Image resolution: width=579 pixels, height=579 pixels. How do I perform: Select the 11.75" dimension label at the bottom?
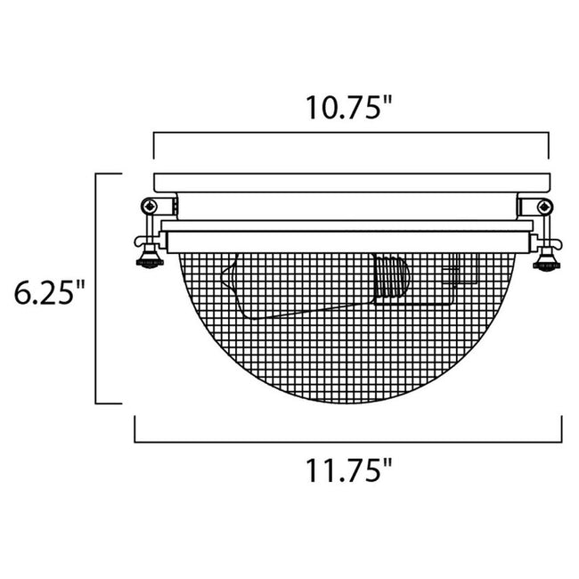click(x=349, y=469)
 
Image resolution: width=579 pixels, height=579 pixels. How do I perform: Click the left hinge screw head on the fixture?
click(x=152, y=206)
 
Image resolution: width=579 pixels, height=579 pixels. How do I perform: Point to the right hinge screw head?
click(x=546, y=206)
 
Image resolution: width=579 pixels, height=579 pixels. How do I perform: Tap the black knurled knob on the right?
click(x=549, y=263)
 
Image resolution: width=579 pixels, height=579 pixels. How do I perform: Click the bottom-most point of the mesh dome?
click(x=349, y=401)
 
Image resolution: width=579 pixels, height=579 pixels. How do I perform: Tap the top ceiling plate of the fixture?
click(x=350, y=183)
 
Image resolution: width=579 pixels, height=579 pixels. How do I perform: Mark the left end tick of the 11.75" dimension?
click(x=135, y=430)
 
